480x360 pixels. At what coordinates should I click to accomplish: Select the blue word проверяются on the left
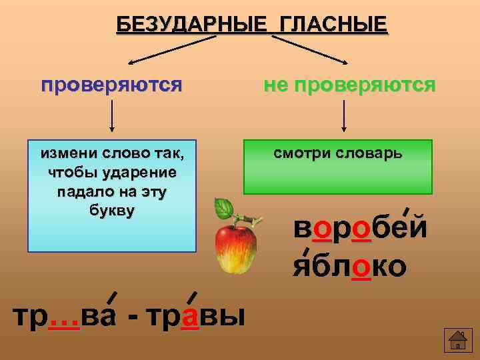(x=111, y=85)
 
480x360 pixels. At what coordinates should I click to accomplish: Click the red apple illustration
(x=237, y=249)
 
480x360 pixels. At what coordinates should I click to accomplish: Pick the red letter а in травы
(x=190, y=315)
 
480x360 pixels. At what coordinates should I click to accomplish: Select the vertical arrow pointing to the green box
(x=343, y=116)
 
